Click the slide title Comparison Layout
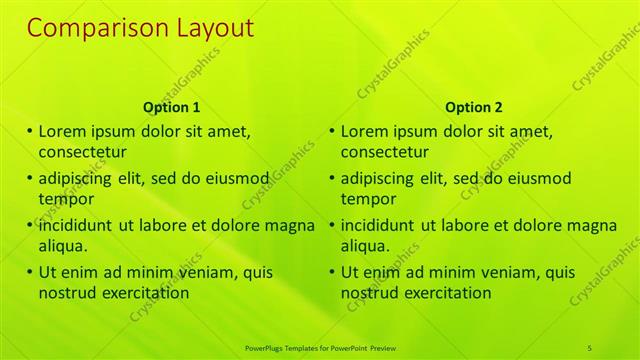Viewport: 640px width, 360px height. pyautogui.click(x=140, y=27)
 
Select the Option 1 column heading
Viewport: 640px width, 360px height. pyautogui.click(x=172, y=107)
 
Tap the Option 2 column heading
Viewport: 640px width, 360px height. pyautogui.click(x=474, y=107)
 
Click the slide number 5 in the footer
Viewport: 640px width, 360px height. pyautogui.click(x=590, y=347)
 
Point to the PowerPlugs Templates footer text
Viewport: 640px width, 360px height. pyautogui.click(x=320, y=347)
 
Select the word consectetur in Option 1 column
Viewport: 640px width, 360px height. pyautogui.click(x=82, y=152)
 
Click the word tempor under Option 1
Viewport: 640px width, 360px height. pyautogui.click(x=65, y=199)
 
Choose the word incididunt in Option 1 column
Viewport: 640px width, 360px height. pyautogui.click(x=77, y=225)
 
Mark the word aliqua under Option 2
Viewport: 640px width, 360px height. pyautogui.click(x=368, y=246)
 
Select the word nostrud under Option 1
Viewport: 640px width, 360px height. pyautogui.click(x=67, y=293)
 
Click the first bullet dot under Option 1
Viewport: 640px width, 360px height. pyautogui.click(x=30, y=131)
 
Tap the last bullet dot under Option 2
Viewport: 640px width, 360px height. pyautogui.click(x=332, y=272)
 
